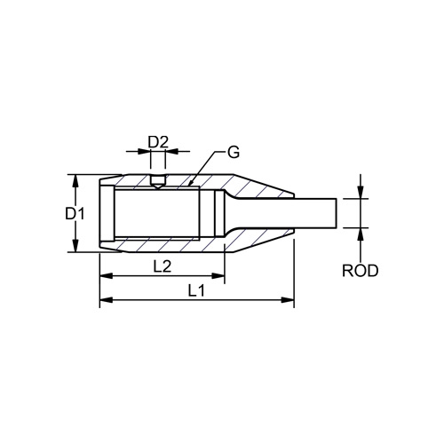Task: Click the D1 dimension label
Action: pos(75,213)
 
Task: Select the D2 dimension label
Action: pos(158,142)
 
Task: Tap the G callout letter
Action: pos(234,152)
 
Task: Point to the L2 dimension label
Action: pos(163,266)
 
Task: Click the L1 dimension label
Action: pos(196,291)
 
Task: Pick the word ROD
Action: pos(361,271)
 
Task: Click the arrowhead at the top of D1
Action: pos(75,181)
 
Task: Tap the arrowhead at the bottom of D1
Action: pos(75,245)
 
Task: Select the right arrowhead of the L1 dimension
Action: pos(288,300)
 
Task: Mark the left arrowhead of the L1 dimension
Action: pos(107,300)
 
